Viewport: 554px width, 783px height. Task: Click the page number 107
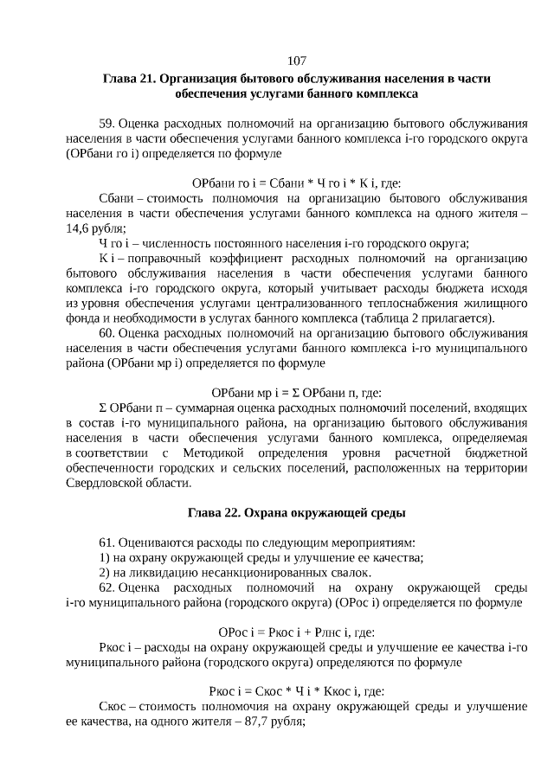coord(297,61)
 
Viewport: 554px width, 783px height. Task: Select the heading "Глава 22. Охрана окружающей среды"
coord(297,513)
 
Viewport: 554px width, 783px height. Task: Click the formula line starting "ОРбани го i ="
coord(297,183)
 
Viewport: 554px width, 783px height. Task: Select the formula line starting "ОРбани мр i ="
coord(297,392)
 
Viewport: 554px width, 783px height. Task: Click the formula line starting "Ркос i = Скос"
coord(297,691)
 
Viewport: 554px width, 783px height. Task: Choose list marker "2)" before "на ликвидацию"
coord(106,572)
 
